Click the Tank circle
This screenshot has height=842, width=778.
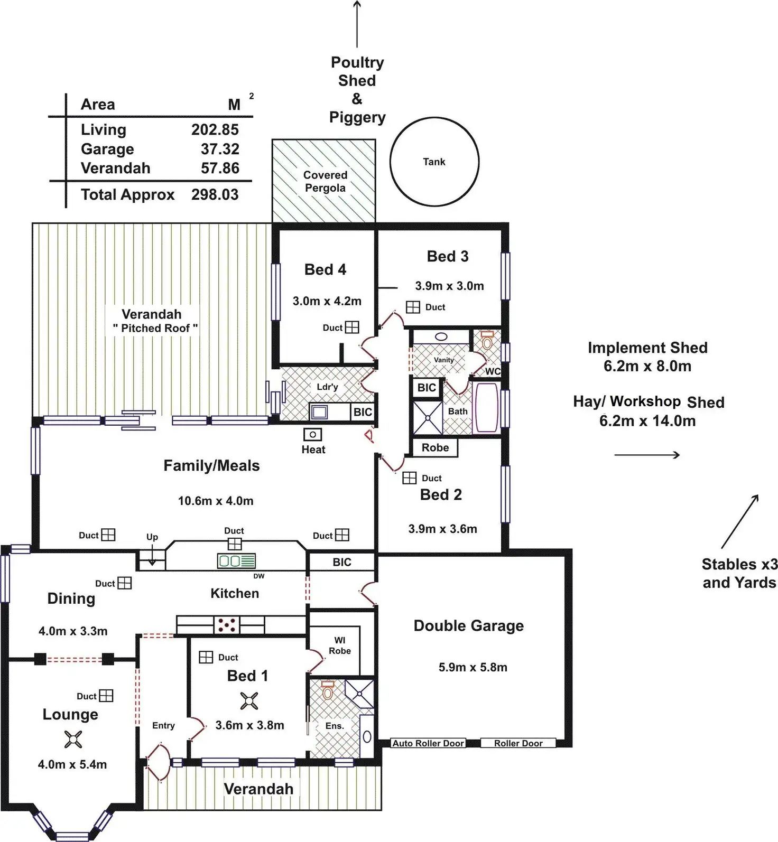[391, 162]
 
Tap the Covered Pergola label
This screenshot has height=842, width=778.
[325, 181]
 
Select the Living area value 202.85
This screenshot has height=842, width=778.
[215, 129]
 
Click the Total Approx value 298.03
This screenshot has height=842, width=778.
[215, 194]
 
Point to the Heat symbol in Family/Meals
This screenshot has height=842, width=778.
[312, 434]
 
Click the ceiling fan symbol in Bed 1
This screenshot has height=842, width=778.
[249, 701]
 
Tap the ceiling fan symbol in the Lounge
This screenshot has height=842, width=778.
[73, 739]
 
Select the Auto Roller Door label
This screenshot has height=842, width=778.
[428, 743]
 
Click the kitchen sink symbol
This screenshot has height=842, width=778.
[236, 561]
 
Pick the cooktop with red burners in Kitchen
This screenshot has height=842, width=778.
[227, 625]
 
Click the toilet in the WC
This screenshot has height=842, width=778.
[487, 341]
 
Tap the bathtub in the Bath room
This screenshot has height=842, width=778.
[487, 409]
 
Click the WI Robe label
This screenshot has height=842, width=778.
[340, 645]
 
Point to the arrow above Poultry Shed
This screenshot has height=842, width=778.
[357, 24]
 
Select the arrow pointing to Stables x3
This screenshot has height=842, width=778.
[740, 521]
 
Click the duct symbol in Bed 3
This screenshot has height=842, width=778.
[413, 307]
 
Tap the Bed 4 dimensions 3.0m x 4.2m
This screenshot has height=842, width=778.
[327, 301]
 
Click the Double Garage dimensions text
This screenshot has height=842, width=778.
[473, 667]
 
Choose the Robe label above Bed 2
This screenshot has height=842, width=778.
[435, 447]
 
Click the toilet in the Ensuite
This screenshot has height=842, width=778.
[328, 690]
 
